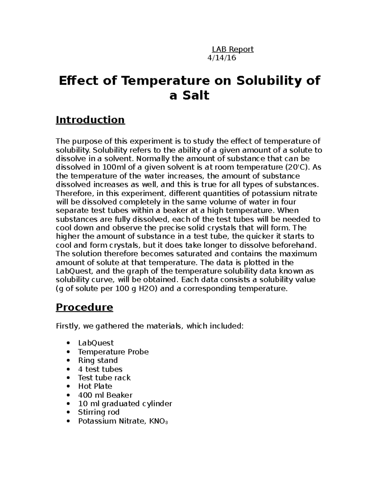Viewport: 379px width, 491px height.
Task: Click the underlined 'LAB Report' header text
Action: click(232, 49)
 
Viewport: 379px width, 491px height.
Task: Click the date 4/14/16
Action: click(221, 58)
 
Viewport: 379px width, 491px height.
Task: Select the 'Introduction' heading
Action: click(90, 120)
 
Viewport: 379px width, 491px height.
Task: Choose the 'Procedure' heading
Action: click(84, 307)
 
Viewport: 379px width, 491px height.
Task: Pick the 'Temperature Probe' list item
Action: click(113, 352)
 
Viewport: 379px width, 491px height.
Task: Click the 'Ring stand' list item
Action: click(98, 360)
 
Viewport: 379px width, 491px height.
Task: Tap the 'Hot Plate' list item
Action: click(95, 386)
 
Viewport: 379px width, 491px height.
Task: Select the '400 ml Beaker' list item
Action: click(105, 395)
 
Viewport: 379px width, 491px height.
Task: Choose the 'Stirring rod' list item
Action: click(99, 412)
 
